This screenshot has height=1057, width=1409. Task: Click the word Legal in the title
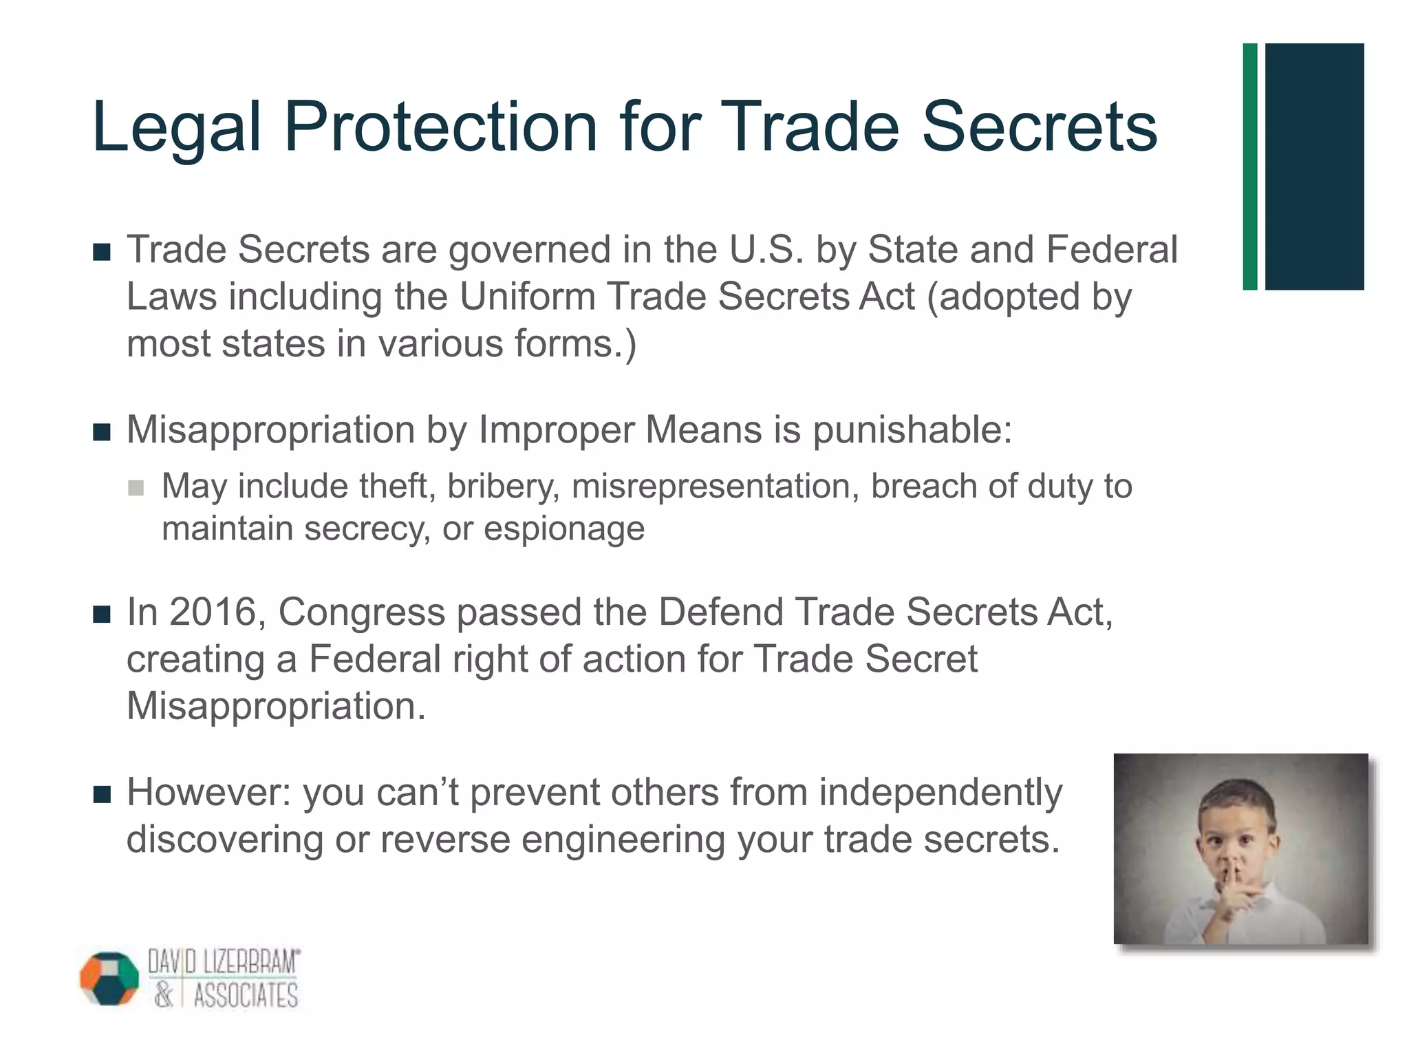[x=176, y=128]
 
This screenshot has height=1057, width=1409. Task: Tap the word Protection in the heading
[x=440, y=127]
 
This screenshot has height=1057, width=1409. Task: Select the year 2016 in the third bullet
[x=213, y=612]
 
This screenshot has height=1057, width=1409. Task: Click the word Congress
[x=361, y=613]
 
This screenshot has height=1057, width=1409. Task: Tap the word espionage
[x=564, y=528]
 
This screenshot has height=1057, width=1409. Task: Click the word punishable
[x=912, y=431]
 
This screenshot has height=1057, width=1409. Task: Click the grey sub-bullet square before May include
[x=136, y=488]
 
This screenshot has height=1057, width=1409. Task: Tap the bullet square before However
[x=102, y=796]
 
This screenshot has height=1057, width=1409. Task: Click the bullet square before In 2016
[x=102, y=615]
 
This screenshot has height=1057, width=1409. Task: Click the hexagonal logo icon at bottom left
[x=109, y=978]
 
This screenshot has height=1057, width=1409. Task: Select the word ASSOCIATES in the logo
[x=246, y=996]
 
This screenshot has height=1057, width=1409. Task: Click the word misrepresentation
[x=716, y=487]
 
